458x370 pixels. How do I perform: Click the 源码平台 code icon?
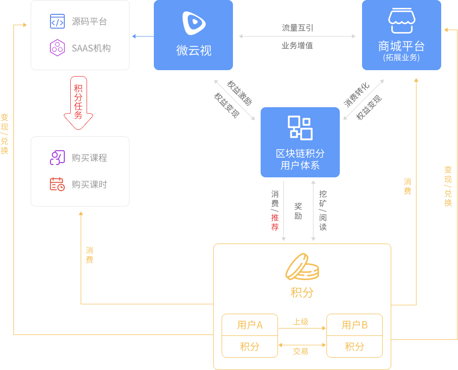tap(57, 21)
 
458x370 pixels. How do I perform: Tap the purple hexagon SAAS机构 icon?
tap(57, 47)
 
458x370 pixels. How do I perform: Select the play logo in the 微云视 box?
tap(193, 23)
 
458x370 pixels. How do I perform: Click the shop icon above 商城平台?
tap(402, 20)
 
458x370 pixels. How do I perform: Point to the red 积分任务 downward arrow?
tap(78, 103)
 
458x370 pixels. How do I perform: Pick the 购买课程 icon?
tap(57, 158)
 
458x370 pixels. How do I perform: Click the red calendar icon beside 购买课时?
tap(57, 184)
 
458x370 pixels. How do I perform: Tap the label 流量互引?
tap(297, 28)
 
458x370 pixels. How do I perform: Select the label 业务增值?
tap(297, 45)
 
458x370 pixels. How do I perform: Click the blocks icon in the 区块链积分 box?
tap(300, 128)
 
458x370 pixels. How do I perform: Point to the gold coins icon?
tap(302, 267)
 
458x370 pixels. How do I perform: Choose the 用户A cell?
tap(250, 325)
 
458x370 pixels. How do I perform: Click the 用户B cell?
tap(355, 325)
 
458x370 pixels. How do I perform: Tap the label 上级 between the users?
tap(301, 322)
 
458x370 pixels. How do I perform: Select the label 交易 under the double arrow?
tap(301, 351)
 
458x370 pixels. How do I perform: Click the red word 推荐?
tap(275, 222)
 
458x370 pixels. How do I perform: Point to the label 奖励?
tap(298, 211)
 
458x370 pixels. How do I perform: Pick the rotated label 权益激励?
tap(239, 93)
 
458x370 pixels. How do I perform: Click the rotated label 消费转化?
tap(356, 95)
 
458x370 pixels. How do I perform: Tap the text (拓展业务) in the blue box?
tap(401, 57)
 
